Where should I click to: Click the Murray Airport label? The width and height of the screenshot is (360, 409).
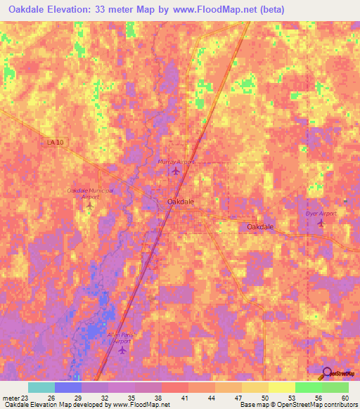point(175,161)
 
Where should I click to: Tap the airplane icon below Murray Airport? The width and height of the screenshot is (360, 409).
point(176,171)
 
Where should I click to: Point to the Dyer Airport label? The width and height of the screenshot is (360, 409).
point(321,213)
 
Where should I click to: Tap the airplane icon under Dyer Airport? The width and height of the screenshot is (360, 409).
point(321,223)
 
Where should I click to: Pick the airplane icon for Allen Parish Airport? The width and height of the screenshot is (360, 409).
point(123,349)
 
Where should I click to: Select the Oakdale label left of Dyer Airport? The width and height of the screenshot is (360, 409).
point(260,227)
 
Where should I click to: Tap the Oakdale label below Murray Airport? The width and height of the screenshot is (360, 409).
point(181,202)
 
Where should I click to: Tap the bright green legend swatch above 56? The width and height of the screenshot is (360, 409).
point(308,387)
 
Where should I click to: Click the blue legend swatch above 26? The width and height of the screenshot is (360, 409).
point(67,387)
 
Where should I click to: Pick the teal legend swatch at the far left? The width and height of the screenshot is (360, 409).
point(41,387)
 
